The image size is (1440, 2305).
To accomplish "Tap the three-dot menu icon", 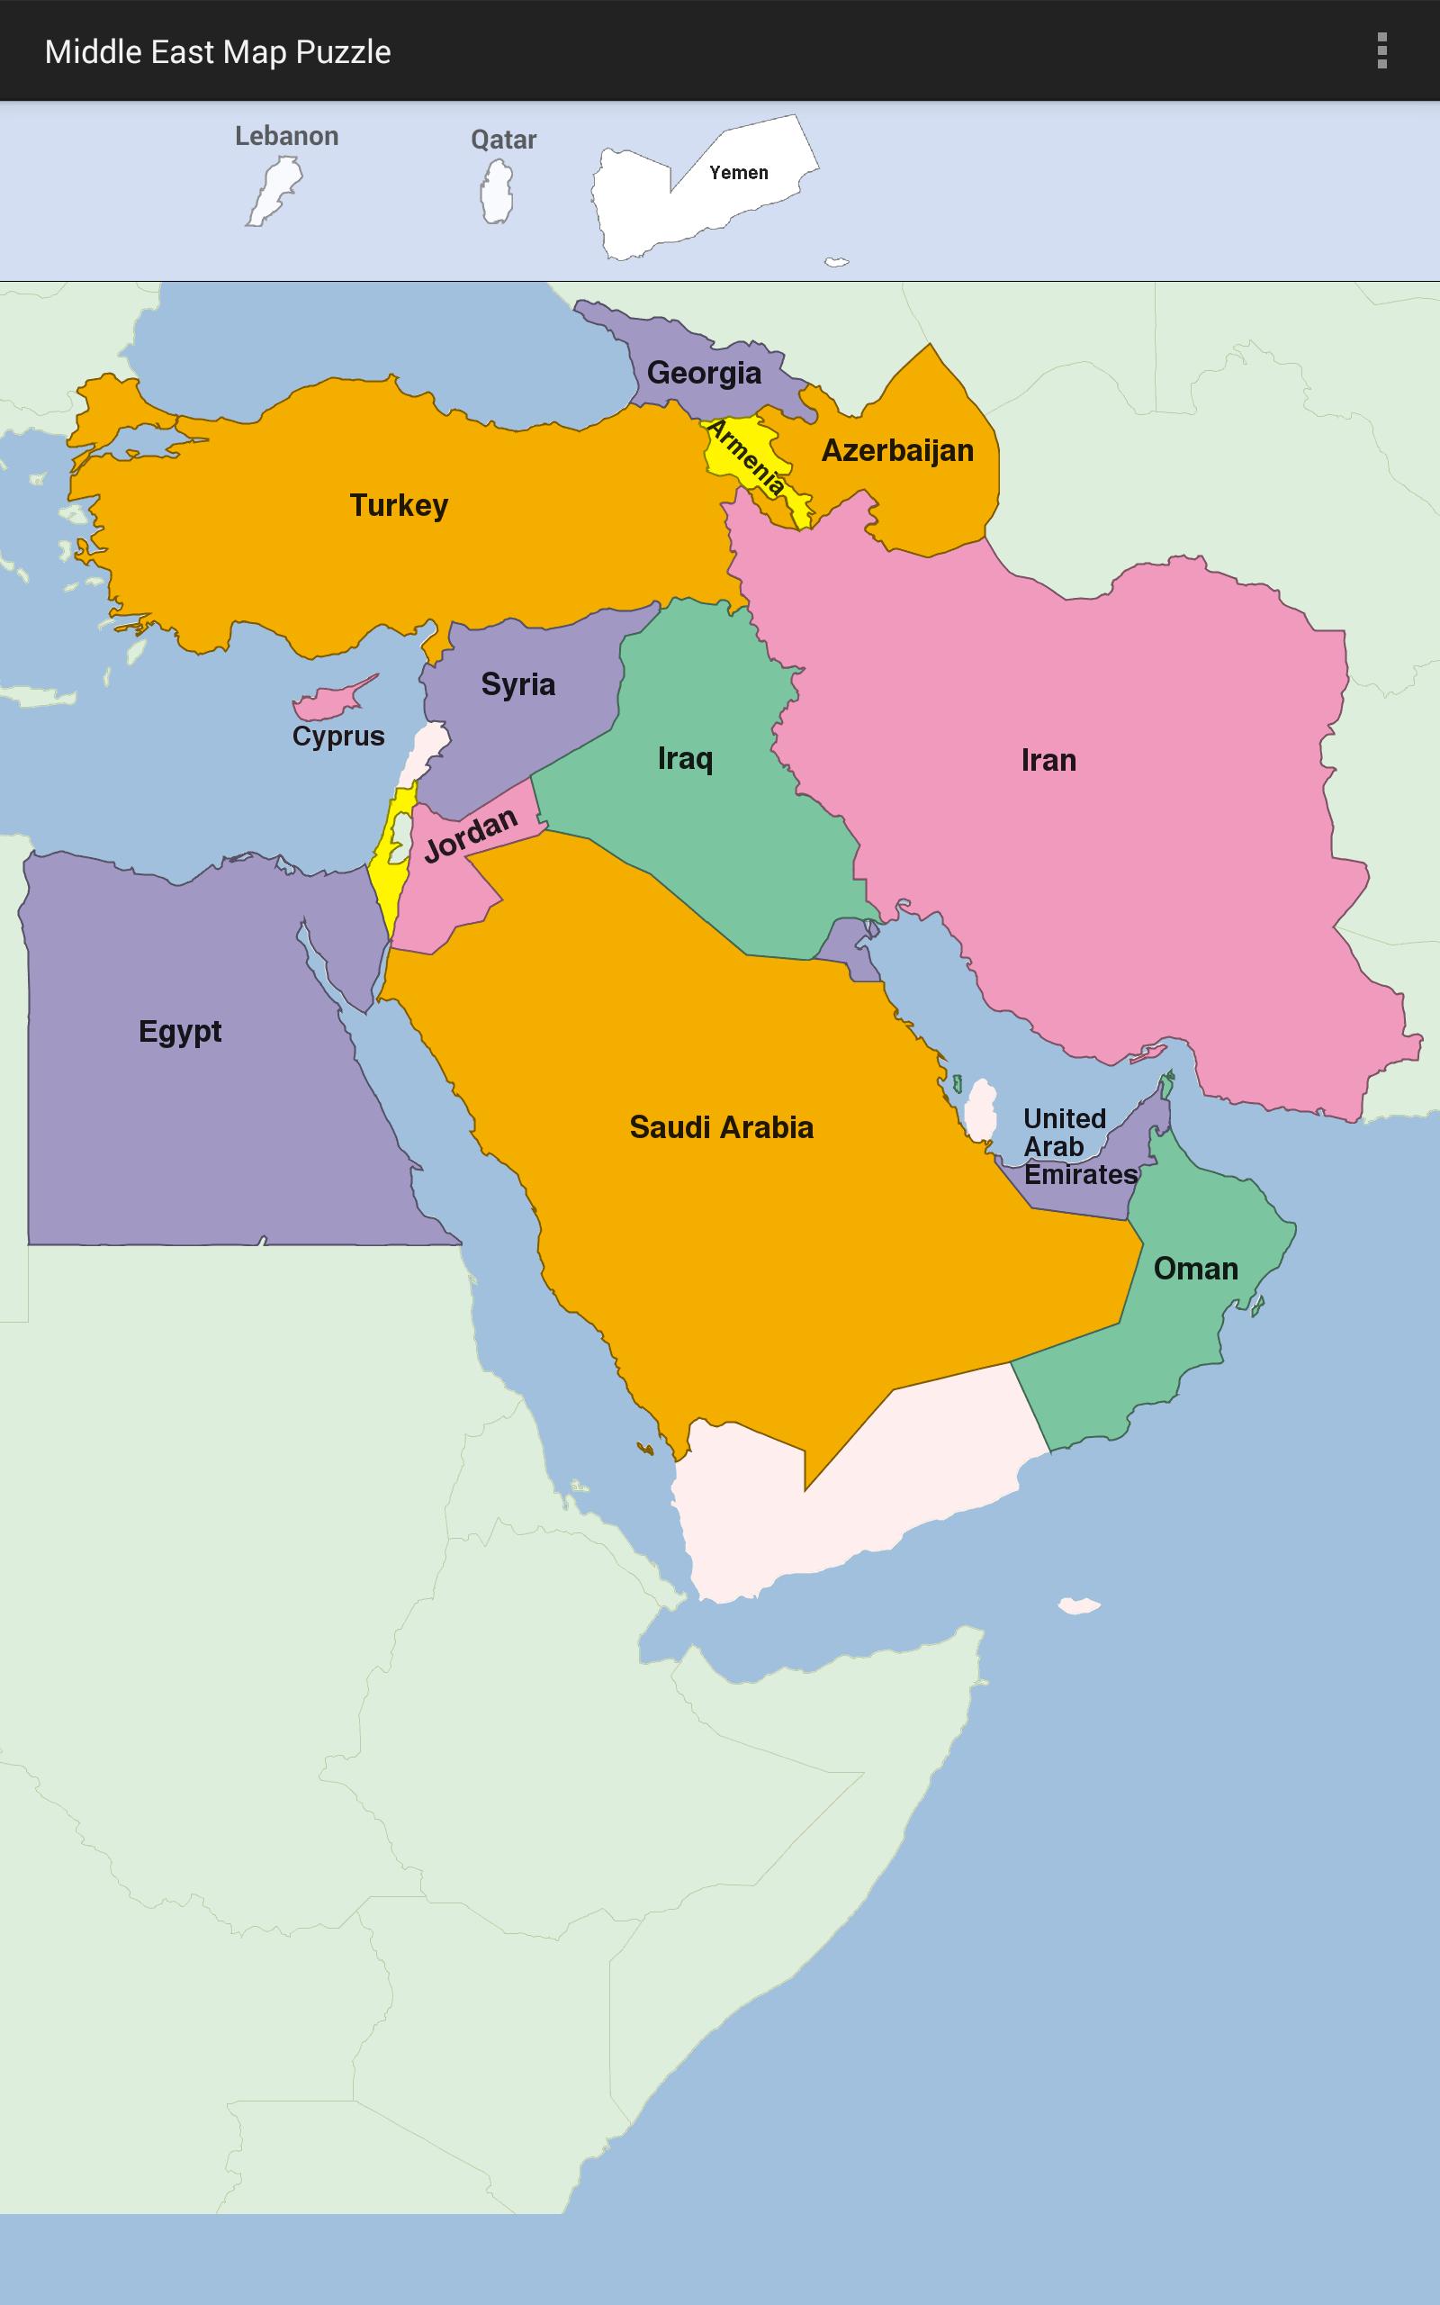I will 1381,50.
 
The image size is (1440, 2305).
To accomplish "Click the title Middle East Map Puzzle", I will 217,51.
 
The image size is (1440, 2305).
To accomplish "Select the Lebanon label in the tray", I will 287,136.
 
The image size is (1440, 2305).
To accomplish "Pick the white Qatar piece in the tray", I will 496,192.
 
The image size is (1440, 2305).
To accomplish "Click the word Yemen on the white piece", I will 738,172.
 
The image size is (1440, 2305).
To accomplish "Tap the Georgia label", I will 704,373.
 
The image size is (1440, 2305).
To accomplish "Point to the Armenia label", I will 748,458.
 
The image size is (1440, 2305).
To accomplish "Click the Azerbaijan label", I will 897,450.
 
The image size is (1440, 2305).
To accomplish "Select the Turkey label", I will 398,505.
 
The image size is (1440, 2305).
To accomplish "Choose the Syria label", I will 517,684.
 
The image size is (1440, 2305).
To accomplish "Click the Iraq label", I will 685,758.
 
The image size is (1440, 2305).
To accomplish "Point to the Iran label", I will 1048,760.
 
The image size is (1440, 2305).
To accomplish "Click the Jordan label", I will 471,835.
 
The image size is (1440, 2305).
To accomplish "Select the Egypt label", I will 179,1032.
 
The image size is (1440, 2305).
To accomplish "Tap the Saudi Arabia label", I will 721,1127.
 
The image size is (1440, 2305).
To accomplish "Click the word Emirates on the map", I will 1080,1174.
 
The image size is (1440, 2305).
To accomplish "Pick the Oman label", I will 1195,1269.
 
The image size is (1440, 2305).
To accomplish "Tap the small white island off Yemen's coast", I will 1079,1606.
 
